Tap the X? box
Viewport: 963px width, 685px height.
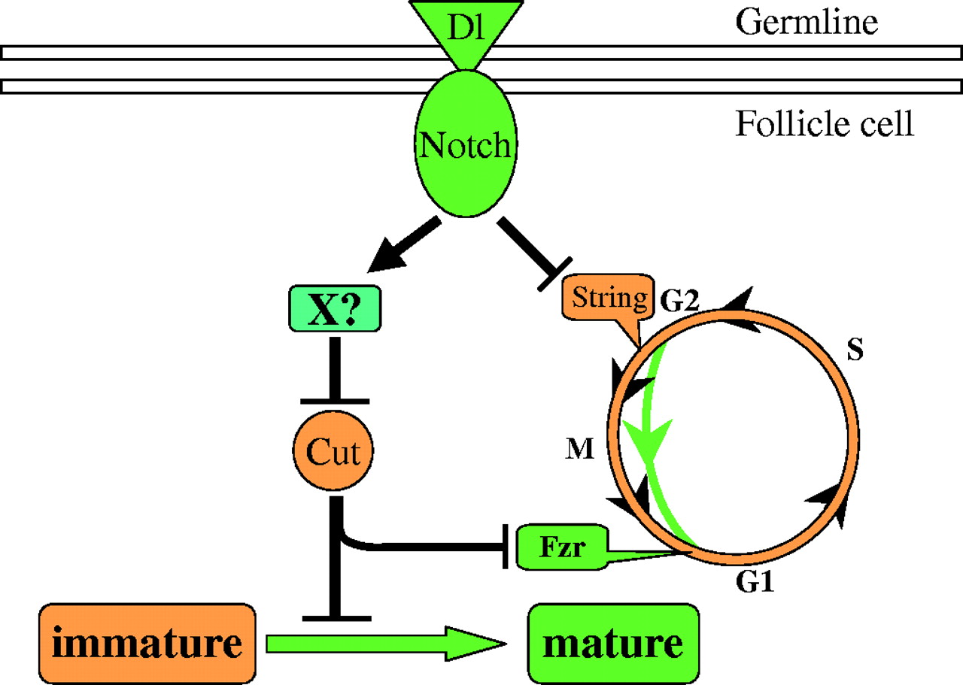[x=333, y=308]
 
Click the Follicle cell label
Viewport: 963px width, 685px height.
[x=824, y=123]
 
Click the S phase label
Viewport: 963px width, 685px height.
[x=855, y=352]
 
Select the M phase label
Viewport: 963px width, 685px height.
[x=582, y=450]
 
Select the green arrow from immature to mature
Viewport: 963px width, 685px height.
[x=384, y=644]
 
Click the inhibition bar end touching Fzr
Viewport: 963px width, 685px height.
[x=505, y=546]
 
